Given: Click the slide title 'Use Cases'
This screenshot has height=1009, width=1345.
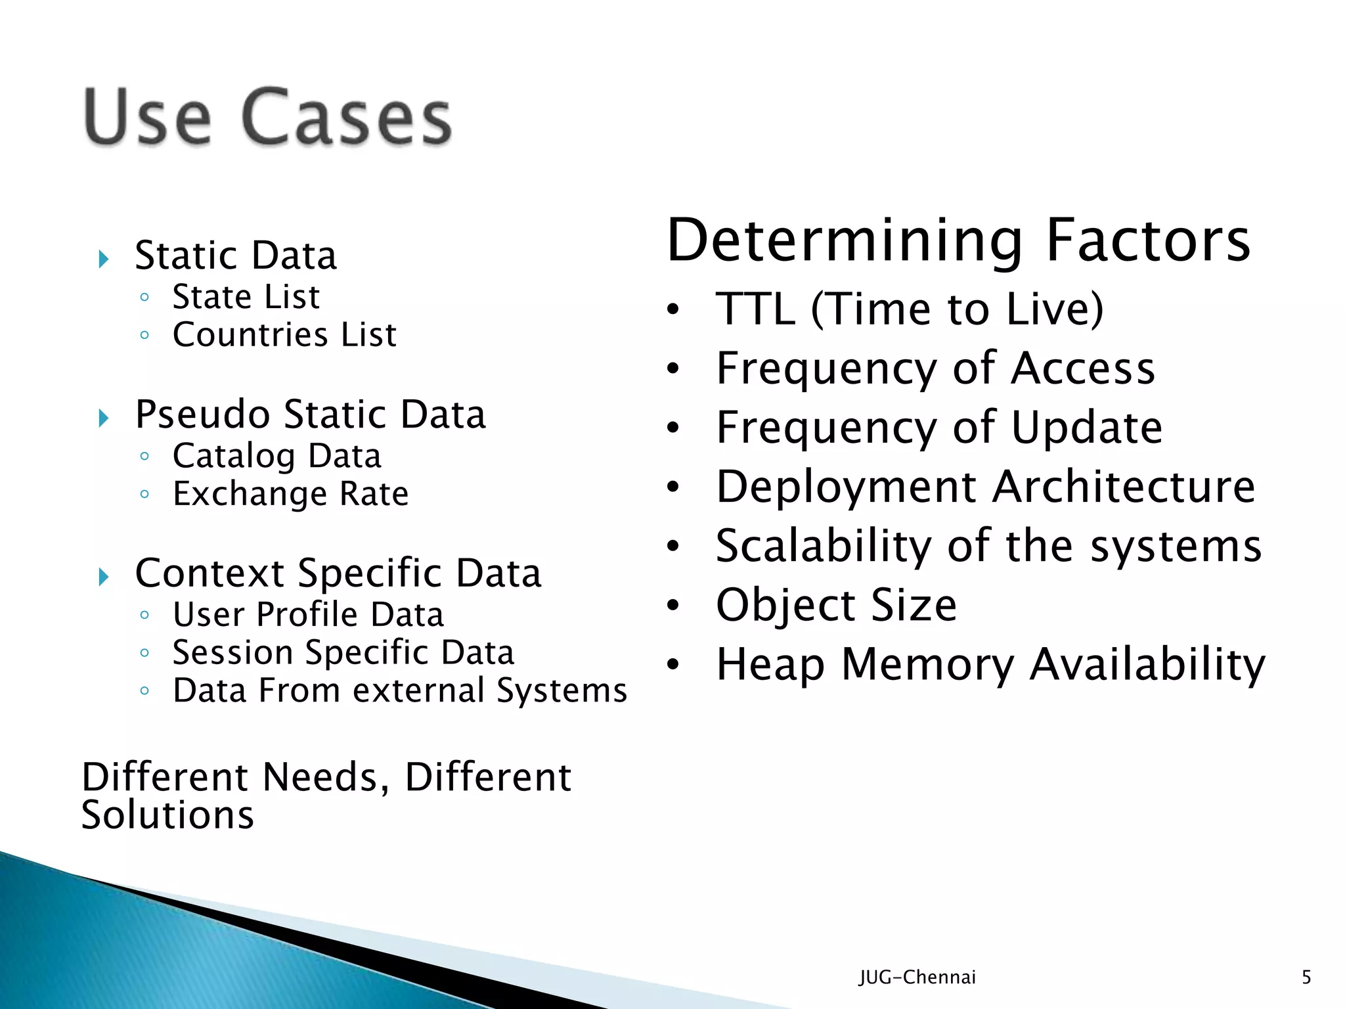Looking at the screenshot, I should [268, 117].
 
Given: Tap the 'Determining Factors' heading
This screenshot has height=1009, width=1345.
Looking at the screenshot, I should [958, 240].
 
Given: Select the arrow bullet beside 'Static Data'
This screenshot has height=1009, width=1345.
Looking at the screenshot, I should [103, 259].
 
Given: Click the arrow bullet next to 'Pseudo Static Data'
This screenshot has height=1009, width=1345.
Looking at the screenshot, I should [103, 418].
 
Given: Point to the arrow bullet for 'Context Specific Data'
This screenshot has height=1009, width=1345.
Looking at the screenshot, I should [103, 577].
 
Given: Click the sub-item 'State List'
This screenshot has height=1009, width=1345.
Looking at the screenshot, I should [246, 297].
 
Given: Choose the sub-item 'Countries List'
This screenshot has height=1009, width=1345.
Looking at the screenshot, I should [284, 335].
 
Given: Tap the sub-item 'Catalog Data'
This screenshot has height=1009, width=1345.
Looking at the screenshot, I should [276, 456].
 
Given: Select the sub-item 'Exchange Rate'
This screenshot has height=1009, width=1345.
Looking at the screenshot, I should [290, 494].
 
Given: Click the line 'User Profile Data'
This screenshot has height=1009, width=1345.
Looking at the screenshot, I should [308, 615].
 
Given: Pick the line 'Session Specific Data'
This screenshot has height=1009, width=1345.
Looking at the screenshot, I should [343, 653].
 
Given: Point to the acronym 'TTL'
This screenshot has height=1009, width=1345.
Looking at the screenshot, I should [755, 309].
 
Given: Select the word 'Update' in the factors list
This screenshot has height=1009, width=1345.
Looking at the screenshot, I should [1086, 428].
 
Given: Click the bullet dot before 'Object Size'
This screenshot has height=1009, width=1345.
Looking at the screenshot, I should [672, 605].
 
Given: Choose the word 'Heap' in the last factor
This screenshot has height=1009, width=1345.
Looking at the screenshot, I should [770, 664].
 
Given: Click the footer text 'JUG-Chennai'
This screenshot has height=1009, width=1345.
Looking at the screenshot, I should [917, 977].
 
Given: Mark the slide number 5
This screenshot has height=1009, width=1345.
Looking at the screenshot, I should [1306, 977].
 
